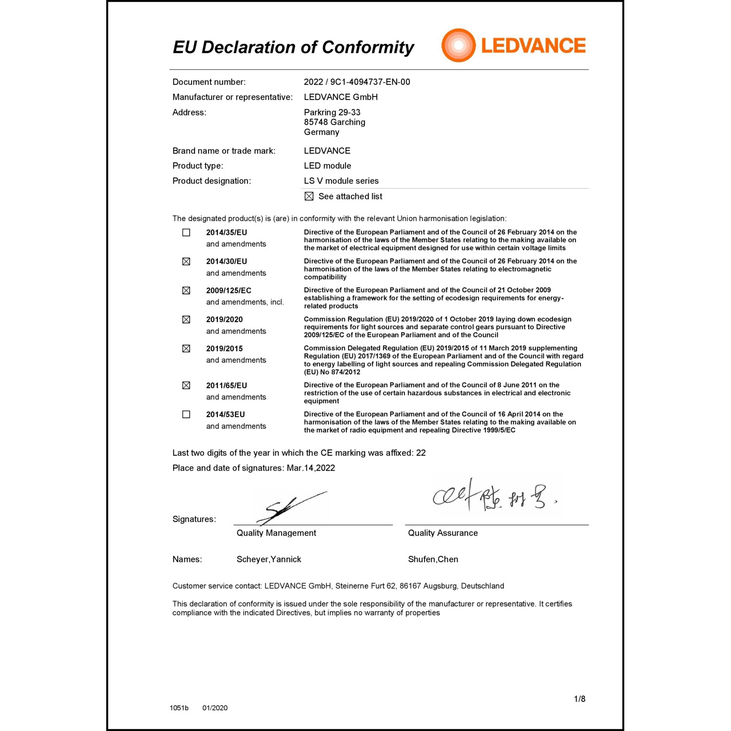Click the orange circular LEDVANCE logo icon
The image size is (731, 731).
click(458, 45)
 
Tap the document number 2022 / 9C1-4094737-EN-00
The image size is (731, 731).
click(357, 82)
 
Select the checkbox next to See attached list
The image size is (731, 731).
click(309, 196)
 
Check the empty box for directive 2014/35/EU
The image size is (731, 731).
click(186, 232)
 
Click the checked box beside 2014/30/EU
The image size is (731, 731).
click(186, 262)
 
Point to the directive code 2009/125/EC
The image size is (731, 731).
click(229, 290)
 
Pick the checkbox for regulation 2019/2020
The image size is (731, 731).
click(186, 320)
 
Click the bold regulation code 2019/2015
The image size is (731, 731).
click(224, 348)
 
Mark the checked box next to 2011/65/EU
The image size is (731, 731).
click(186, 385)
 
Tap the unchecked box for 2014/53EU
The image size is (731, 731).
click(186, 414)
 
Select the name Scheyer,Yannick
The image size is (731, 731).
click(269, 559)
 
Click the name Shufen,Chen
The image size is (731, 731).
click(433, 559)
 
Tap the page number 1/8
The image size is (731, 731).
click(579, 699)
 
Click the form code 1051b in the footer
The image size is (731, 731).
click(179, 708)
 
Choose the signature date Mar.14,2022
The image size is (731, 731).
click(311, 468)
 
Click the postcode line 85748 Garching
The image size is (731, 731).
click(334, 122)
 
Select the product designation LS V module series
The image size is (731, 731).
click(341, 181)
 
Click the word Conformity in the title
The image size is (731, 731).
click(368, 47)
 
